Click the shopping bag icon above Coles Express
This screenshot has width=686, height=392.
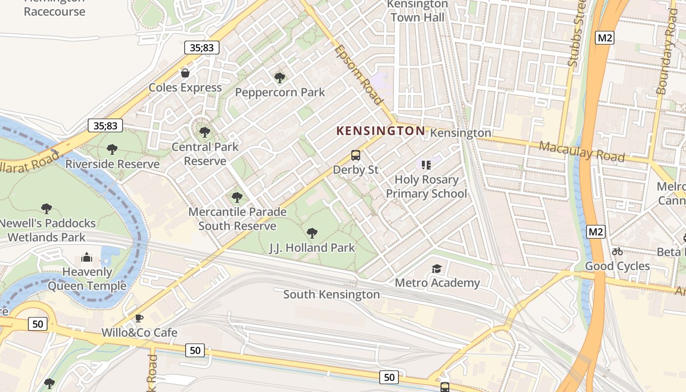185,73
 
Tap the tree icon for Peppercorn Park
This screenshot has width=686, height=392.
280,77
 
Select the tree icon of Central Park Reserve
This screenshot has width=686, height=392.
205,132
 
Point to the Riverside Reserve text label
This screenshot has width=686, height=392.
112,164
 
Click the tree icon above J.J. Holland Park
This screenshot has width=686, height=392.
312,233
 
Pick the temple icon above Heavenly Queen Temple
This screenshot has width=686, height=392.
87,257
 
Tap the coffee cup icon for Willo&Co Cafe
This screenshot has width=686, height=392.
139,318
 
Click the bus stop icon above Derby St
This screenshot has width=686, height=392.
356,155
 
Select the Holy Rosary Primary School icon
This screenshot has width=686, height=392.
426,165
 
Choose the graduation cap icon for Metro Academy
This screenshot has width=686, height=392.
437,269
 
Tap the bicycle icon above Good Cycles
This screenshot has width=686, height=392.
617,251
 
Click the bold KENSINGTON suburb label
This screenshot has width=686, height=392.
381,131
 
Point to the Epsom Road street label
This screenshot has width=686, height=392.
359,75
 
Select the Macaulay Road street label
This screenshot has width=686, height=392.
582,151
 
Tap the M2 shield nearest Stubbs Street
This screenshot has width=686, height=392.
605,38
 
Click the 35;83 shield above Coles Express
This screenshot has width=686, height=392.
201,48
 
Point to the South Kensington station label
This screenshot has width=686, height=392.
331,294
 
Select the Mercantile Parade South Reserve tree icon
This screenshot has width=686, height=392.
237,197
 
